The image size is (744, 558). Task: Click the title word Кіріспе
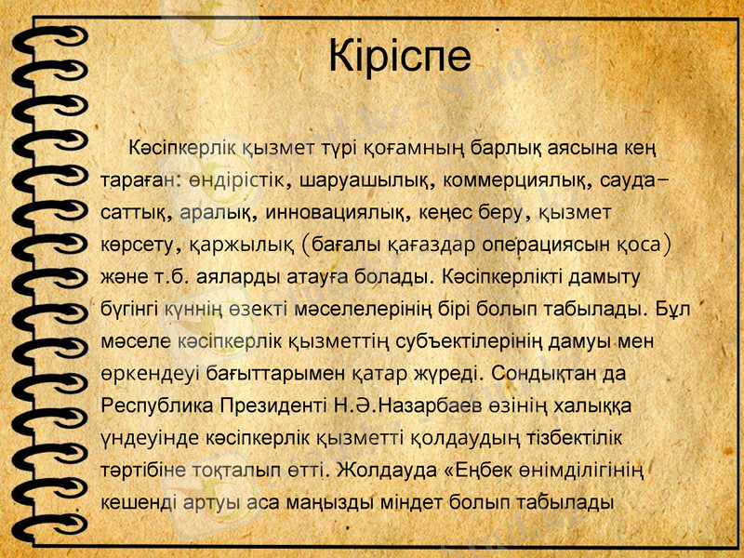pos(401,57)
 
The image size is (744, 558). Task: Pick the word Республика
pos(156,407)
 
